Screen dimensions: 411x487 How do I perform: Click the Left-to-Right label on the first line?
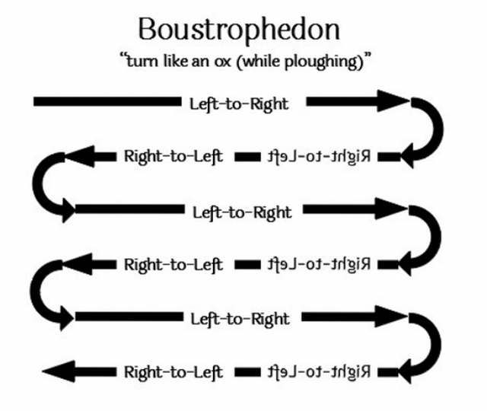click(239, 104)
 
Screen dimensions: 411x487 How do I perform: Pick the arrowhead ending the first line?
click(392, 101)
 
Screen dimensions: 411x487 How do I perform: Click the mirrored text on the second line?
click(319, 157)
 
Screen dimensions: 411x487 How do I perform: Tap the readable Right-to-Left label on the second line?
click(173, 157)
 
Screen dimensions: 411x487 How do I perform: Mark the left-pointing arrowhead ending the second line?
click(77, 157)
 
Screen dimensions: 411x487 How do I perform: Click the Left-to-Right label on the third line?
click(242, 212)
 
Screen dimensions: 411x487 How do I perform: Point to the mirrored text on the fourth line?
click(319, 265)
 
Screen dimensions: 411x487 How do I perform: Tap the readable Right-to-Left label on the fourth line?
click(173, 265)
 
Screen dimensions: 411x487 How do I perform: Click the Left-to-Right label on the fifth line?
click(239, 318)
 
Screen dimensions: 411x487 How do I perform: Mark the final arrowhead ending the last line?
click(56, 372)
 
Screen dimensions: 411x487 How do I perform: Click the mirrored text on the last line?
click(319, 372)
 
